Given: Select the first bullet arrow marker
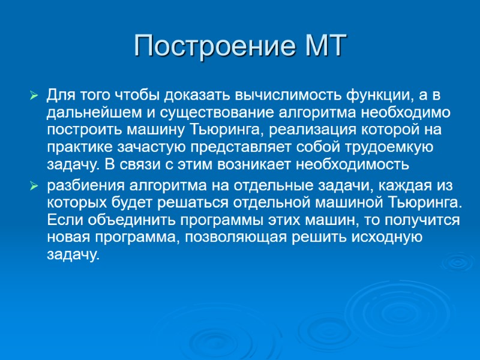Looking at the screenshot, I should coord(34,95).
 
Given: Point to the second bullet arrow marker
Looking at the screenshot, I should coord(34,187).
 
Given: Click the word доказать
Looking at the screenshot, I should coord(199,95).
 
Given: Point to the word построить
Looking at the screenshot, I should coord(86,130).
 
